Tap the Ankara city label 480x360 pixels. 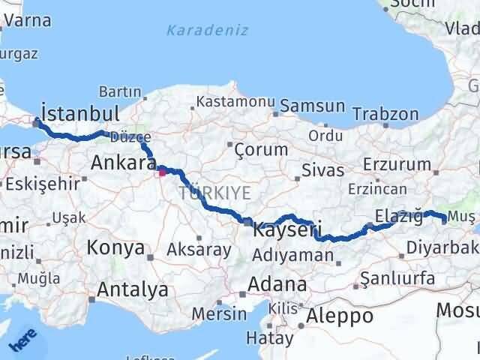[x=123, y=163]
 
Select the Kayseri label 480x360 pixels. [x=288, y=229]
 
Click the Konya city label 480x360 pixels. [x=115, y=247]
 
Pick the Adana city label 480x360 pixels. [x=278, y=284]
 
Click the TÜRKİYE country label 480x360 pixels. [x=215, y=193]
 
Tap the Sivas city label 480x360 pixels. [x=325, y=169]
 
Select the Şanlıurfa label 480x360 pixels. [x=397, y=278]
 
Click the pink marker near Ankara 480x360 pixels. [x=162, y=172]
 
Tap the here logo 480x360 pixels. [x=22, y=343]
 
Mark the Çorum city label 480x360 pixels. [x=261, y=149]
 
